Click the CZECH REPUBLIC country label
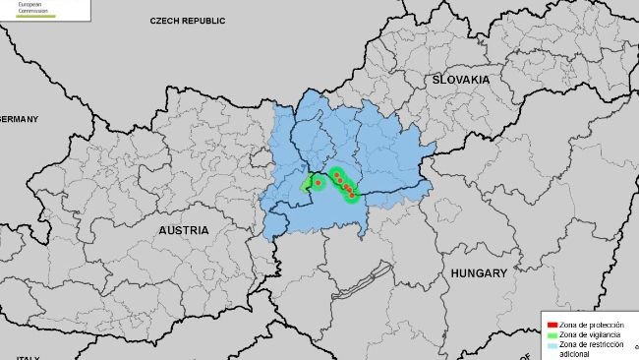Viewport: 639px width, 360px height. coord(188,21)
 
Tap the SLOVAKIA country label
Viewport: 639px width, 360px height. coord(459,79)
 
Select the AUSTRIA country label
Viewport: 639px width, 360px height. coord(184,229)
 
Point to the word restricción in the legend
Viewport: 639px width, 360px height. coord(610,345)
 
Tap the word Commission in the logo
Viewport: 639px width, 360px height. coord(26,11)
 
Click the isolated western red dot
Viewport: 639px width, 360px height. coord(318,182)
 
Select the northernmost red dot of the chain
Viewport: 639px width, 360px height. coord(336,175)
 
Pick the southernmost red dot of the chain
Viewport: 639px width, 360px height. coord(352,196)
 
